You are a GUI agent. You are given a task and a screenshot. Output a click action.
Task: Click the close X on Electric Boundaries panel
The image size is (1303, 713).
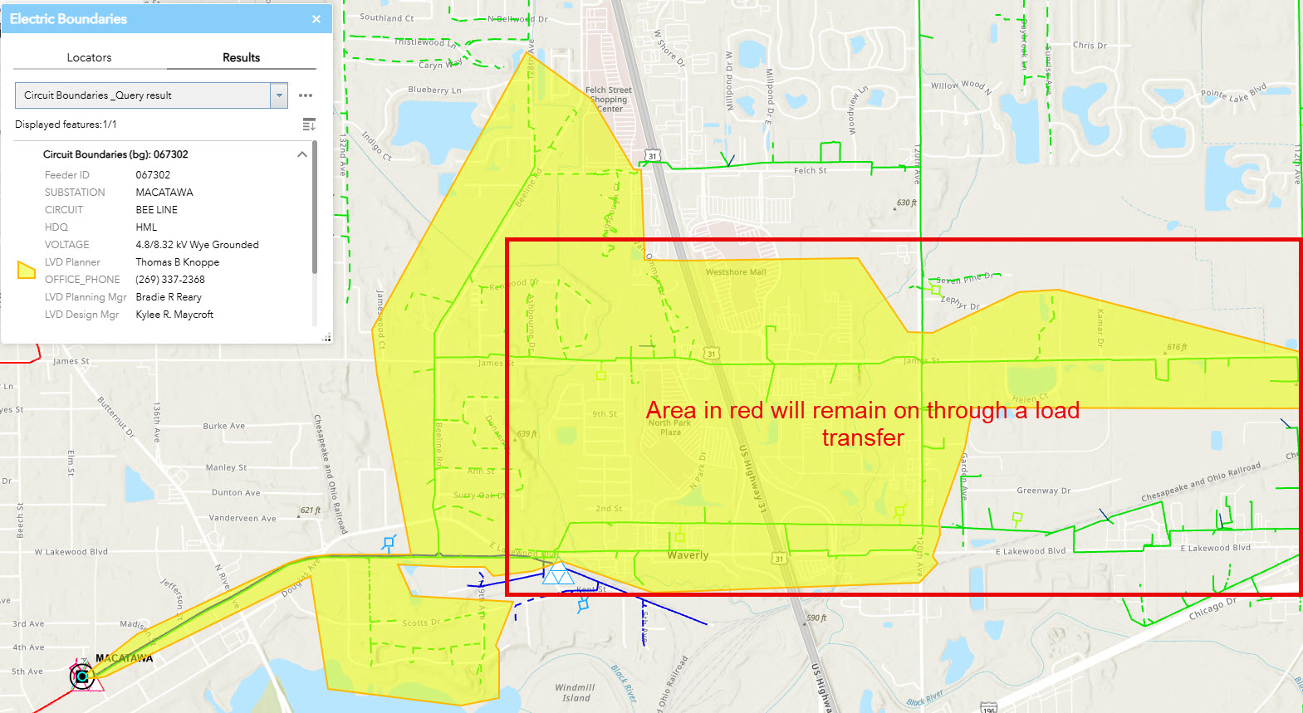point(316,19)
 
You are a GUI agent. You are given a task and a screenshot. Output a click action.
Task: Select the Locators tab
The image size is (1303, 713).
point(89,57)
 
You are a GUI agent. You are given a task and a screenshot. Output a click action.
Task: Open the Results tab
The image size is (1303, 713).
point(241,57)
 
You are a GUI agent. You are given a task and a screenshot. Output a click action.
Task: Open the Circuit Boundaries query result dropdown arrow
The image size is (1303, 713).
point(279,95)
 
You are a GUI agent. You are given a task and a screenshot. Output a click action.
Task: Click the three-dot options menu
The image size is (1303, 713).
point(306,95)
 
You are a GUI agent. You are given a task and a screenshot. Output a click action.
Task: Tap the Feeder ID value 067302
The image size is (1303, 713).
point(153,175)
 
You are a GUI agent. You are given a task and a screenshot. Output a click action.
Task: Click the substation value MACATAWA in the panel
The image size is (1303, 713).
point(164,193)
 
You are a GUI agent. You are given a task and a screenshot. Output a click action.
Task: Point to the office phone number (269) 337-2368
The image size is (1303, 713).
point(170,280)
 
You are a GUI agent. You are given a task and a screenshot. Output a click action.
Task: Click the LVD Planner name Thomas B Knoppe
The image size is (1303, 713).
point(178,262)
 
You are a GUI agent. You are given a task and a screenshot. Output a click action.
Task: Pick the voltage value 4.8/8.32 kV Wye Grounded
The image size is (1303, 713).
point(197,245)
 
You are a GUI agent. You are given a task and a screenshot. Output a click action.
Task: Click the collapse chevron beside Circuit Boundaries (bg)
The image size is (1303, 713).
point(302,154)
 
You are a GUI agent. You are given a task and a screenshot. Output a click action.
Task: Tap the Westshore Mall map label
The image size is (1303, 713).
point(736,272)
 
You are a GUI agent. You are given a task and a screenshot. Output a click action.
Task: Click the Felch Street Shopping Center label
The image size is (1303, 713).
point(609,100)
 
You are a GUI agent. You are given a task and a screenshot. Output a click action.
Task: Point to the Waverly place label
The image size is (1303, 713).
point(688,555)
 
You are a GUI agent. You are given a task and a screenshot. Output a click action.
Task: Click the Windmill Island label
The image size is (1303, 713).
point(576,692)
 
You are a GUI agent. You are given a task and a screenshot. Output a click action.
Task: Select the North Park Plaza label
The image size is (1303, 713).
point(670,427)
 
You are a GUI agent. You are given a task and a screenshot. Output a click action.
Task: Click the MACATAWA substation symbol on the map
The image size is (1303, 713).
point(82,676)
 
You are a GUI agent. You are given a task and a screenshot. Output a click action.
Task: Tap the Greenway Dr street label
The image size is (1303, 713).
point(1043,491)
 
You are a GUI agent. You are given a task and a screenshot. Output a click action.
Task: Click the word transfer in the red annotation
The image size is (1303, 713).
point(863,438)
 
